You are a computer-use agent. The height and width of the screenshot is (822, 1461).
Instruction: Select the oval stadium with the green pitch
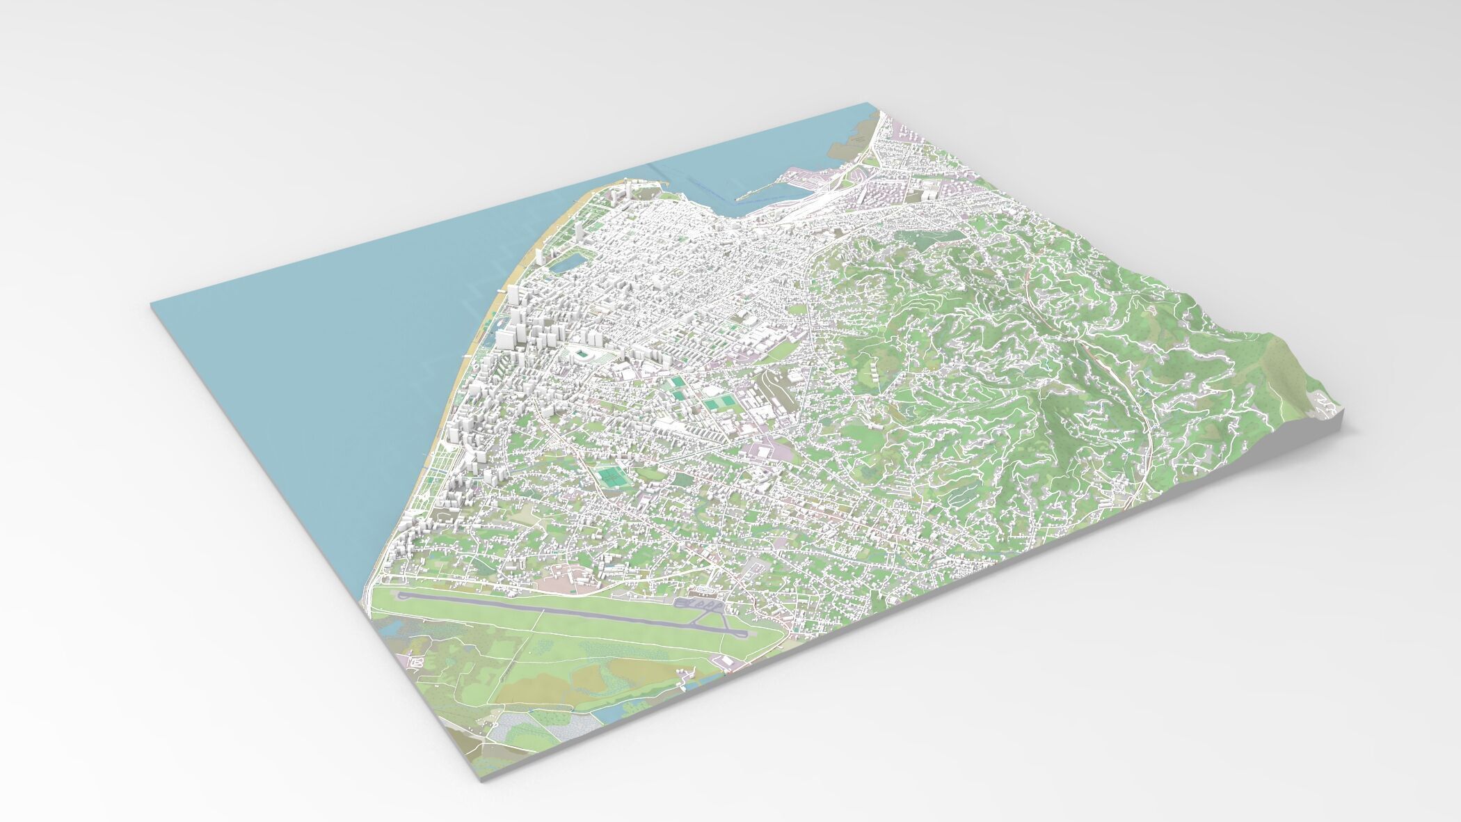click(x=582, y=356)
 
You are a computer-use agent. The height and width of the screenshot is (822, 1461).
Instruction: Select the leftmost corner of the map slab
click(x=152, y=304)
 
